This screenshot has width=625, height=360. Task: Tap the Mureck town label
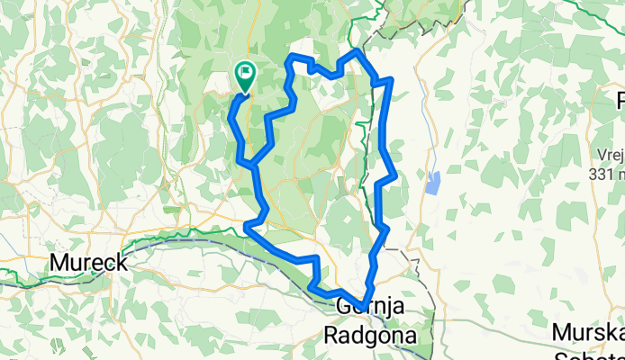tap(87, 263)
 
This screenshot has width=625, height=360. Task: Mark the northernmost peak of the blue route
tap(358, 52)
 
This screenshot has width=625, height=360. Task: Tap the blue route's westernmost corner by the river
tap(247, 225)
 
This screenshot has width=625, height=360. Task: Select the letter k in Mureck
tap(121, 263)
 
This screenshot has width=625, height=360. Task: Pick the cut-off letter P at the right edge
tap(620, 99)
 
